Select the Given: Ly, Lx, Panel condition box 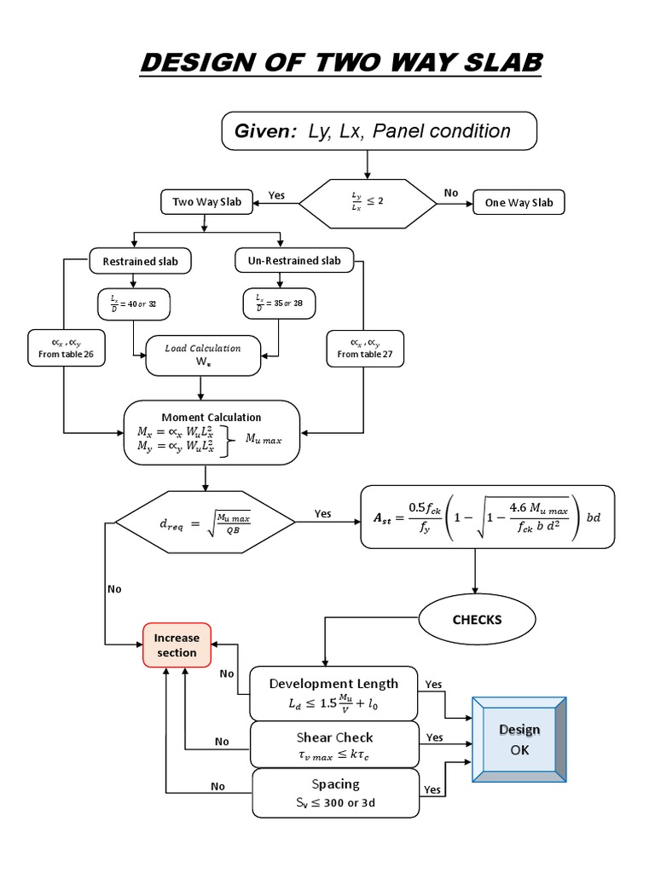[x=380, y=130]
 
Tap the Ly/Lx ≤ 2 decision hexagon [x=368, y=202]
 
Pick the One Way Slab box [x=519, y=202]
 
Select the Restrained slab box [x=141, y=261]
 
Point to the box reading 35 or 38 [x=280, y=303]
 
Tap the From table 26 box [x=67, y=348]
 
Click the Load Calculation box [x=202, y=355]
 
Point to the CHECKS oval [x=478, y=620]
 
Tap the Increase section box [x=176, y=645]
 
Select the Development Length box [x=333, y=692]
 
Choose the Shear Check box [x=333, y=744]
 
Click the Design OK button [x=519, y=740]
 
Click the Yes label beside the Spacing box [x=433, y=790]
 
